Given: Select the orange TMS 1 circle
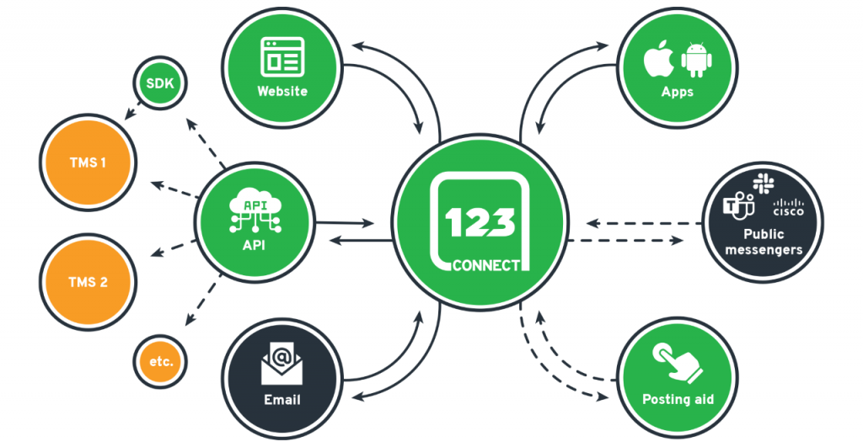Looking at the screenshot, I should (x=88, y=162).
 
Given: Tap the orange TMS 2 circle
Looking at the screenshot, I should (x=88, y=282).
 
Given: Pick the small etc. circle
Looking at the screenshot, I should (x=160, y=361).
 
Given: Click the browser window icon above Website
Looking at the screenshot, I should (x=283, y=57).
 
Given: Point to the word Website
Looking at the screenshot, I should (x=283, y=91).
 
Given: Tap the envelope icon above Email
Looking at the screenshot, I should (x=282, y=364).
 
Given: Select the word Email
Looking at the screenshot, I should (x=282, y=399).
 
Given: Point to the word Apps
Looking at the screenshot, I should (x=677, y=92).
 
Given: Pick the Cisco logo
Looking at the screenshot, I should (x=788, y=207).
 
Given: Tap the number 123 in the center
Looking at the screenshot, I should (x=480, y=221).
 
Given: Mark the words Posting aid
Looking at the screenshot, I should (x=678, y=399).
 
